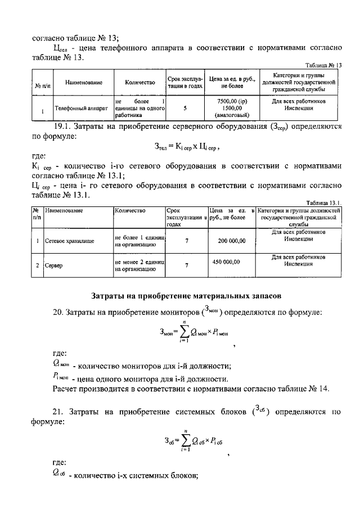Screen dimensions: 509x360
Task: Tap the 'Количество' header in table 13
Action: [139, 82]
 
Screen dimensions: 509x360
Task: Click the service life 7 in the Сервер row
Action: [186, 265]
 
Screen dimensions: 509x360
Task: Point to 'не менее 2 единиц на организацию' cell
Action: [139, 265]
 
